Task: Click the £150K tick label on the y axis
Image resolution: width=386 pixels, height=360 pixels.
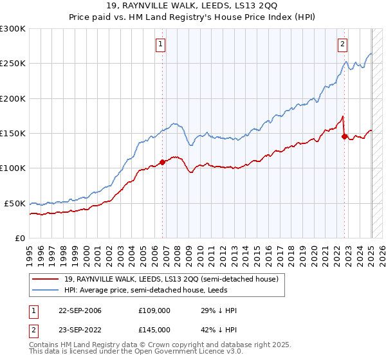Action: click(13, 133)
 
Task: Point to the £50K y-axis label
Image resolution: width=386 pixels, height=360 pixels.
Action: click(15, 203)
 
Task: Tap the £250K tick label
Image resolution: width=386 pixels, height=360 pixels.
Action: click(13, 64)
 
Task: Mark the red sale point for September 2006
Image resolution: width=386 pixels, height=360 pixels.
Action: click(162, 162)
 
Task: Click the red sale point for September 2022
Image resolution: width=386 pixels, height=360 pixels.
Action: click(345, 136)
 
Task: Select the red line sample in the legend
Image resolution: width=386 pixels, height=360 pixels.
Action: click(46, 279)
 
